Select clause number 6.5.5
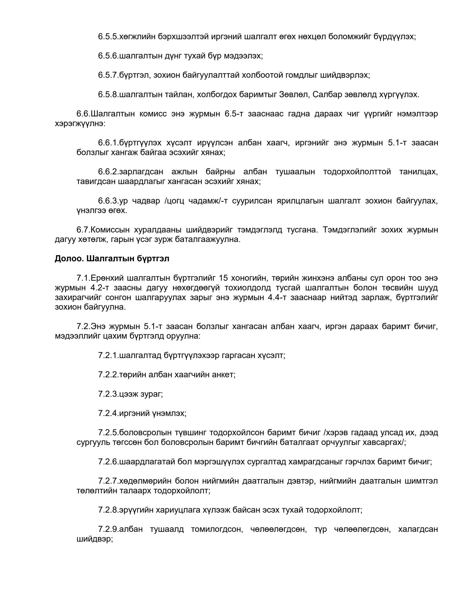(x=108, y=37)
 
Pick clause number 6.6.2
(x=108, y=172)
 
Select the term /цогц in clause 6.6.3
(x=175, y=201)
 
